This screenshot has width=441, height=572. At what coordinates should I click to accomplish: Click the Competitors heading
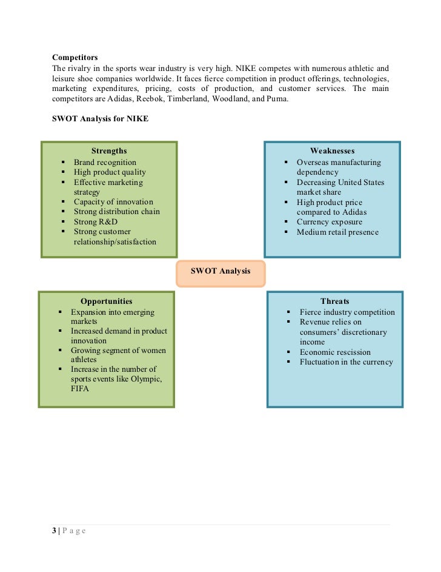click(x=75, y=57)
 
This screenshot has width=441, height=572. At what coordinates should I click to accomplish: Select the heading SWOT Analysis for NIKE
click(x=100, y=119)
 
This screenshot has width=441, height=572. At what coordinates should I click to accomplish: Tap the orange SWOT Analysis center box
click(x=220, y=272)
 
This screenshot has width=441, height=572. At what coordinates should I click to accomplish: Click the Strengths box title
click(x=109, y=151)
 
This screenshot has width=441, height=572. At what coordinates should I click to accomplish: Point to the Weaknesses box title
click(x=332, y=151)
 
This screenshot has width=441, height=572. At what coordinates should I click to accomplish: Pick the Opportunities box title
click(x=106, y=301)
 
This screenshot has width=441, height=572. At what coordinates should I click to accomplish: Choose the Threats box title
click(x=334, y=301)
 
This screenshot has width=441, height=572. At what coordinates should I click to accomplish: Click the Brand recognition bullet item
click(x=105, y=163)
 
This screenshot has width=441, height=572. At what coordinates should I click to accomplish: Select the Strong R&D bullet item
click(x=96, y=222)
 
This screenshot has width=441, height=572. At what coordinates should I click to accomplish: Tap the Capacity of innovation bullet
click(x=113, y=202)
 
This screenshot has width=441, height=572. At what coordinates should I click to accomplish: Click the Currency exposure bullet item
click(x=329, y=222)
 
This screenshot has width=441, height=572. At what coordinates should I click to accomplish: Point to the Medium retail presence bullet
click(x=337, y=232)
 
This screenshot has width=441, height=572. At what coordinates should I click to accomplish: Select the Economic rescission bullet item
click(x=335, y=352)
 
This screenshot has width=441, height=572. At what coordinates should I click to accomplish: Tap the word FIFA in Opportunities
click(x=80, y=389)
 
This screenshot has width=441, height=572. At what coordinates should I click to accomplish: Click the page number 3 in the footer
click(x=54, y=531)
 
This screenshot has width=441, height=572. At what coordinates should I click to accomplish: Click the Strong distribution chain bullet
click(x=117, y=212)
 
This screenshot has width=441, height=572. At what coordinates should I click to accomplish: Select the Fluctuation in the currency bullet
click(x=346, y=362)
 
